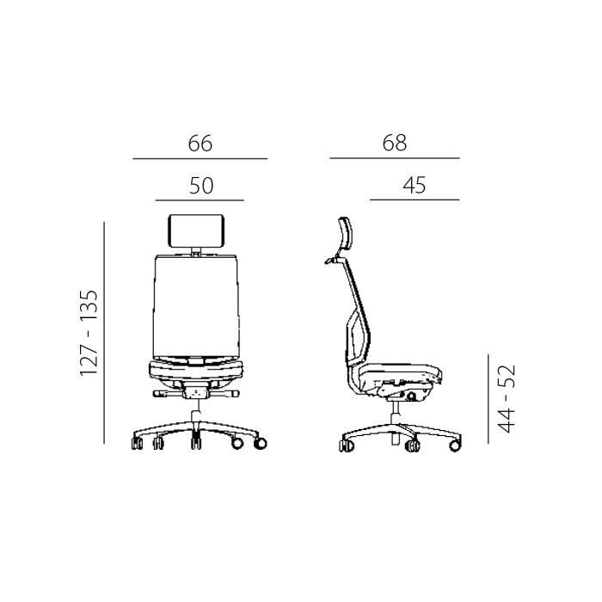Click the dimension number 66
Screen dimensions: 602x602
[200, 144]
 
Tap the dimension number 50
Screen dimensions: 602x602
[201, 186]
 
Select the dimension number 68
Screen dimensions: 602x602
[394, 143]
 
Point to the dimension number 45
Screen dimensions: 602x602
[415, 186]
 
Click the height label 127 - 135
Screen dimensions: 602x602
[89, 333]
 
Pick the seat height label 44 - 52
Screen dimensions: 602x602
[506, 398]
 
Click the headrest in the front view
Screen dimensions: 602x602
[196, 230]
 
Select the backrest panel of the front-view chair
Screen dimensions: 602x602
[196, 306]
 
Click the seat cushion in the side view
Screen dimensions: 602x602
[398, 372]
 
